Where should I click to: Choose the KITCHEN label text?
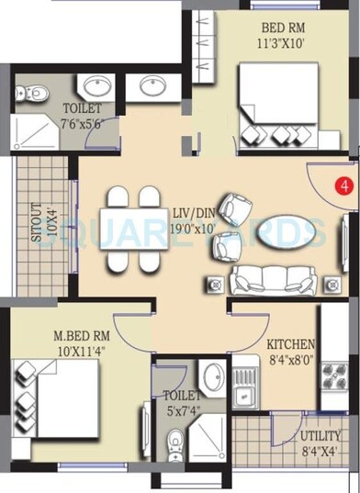(291, 343)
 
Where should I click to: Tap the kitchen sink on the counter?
(245, 397)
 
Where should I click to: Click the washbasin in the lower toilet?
(213, 377)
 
